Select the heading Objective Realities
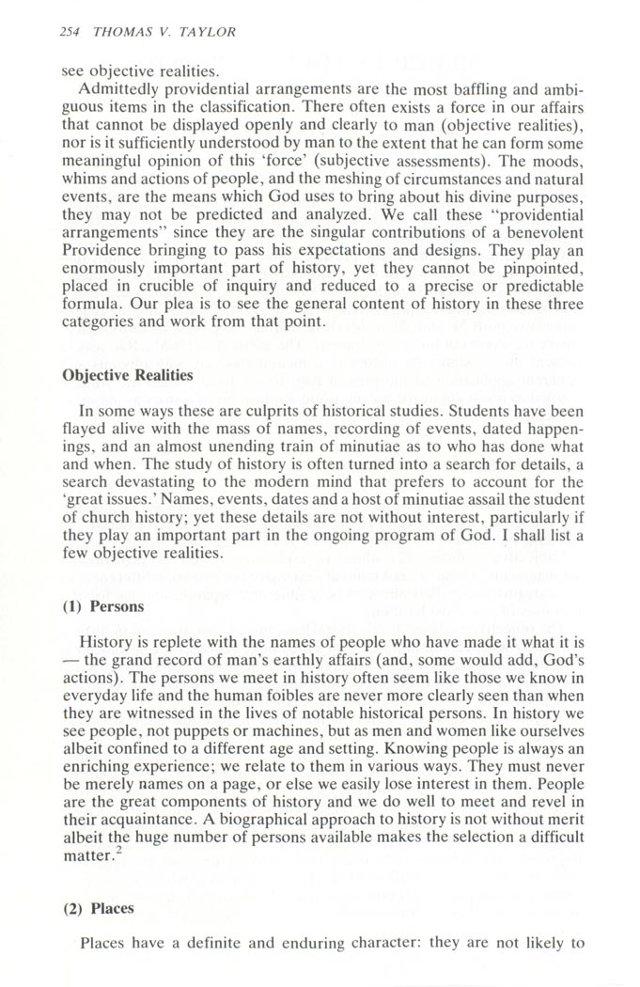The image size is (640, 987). tap(127, 375)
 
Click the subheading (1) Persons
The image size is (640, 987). tap(103, 606)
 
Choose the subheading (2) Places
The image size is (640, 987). tap(98, 908)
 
